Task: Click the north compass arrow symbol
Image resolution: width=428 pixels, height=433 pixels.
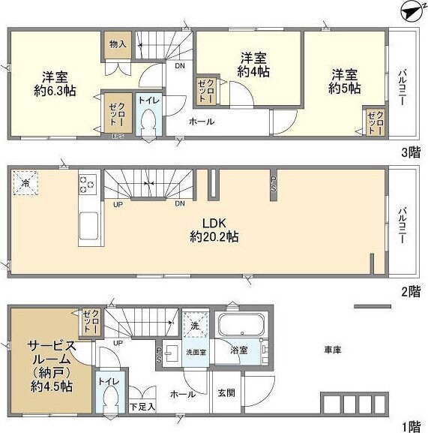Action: [x=409, y=11]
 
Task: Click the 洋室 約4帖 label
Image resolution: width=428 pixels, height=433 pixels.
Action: [x=253, y=65]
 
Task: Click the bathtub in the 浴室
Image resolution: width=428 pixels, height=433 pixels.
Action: [x=240, y=327]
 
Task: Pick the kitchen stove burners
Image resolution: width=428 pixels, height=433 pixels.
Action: [x=87, y=185]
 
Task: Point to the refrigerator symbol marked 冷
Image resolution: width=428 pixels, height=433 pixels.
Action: [x=26, y=182]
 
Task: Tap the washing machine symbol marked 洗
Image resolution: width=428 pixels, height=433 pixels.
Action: [x=194, y=327]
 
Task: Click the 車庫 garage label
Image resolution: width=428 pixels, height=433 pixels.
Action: [x=333, y=350]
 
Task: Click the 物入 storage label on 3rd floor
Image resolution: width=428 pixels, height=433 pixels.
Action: [x=117, y=44]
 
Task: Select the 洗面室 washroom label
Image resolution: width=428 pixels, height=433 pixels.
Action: [x=196, y=351]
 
